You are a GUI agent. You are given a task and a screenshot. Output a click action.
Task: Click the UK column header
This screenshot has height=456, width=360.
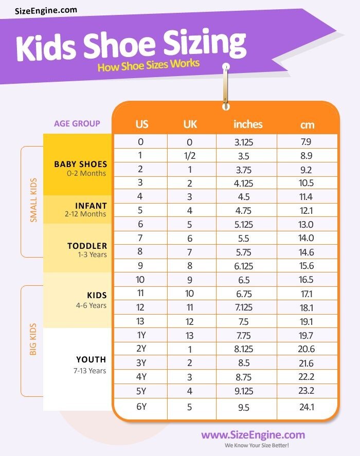(190, 124)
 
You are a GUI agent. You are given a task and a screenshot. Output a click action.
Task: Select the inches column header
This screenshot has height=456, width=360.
(248, 124)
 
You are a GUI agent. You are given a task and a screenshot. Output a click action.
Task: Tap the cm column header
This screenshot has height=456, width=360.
(307, 124)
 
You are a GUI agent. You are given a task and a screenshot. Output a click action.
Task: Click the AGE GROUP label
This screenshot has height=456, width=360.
(77, 123)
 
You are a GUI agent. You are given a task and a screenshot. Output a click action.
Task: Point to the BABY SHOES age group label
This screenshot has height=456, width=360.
(81, 165)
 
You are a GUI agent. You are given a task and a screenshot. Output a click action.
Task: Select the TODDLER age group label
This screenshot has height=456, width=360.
(87, 246)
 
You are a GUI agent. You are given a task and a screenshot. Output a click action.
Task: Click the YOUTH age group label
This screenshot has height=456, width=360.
(91, 359)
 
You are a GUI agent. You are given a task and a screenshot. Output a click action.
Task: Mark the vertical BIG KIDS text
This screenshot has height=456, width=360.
(33, 339)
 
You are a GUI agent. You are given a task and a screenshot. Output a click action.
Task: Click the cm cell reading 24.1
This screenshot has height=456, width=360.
(306, 407)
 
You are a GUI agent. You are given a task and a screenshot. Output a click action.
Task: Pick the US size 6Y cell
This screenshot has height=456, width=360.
(141, 407)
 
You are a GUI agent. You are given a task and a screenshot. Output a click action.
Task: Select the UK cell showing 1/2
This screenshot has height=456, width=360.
(190, 156)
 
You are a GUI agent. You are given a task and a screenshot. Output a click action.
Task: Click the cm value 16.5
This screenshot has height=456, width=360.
(306, 280)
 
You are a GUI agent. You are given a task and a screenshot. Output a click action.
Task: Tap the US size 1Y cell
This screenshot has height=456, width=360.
(141, 335)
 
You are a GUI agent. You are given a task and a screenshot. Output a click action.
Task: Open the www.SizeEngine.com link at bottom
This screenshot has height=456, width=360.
(253, 435)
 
